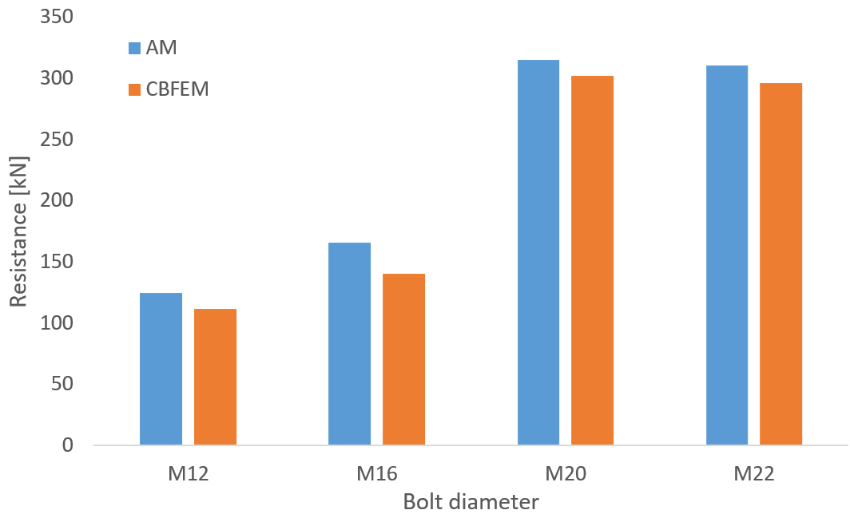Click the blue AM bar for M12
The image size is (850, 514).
[x=161, y=369]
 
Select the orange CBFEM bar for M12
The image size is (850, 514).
[x=215, y=377]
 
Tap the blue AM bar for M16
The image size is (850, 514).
[x=349, y=344]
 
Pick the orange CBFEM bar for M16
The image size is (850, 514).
[x=403, y=359]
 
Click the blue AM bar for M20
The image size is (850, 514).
[x=538, y=252]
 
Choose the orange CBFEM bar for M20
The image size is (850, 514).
[x=592, y=260]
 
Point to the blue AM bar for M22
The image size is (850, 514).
[x=727, y=255]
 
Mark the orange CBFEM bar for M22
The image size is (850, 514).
[x=780, y=263]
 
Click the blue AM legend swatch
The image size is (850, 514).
[x=134, y=48]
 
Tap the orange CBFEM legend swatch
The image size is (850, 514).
[x=134, y=89]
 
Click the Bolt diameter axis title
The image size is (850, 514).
[x=471, y=502]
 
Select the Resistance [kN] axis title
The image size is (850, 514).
[x=19, y=232]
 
